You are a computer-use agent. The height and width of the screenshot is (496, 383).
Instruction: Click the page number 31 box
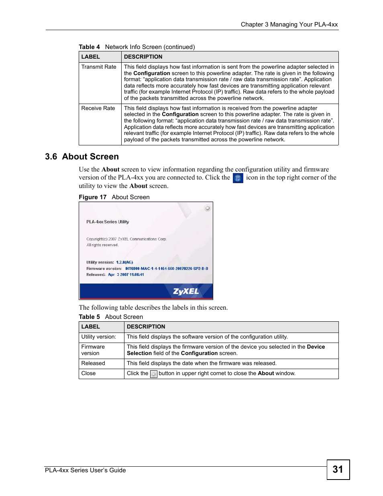(338, 469)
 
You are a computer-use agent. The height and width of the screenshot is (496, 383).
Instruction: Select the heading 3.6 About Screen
(82, 157)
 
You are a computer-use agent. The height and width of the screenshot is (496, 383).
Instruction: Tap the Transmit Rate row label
(99, 67)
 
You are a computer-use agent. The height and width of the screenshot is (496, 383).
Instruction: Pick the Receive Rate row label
(98, 108)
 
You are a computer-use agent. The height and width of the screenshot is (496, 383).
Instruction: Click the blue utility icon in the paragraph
(238, 178)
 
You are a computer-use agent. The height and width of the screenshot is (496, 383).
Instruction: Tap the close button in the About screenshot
(207, 208)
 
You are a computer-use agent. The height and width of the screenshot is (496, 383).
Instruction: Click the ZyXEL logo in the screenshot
(186, 292)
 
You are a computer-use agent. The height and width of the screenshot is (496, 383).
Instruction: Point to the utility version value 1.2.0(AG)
(124, 262)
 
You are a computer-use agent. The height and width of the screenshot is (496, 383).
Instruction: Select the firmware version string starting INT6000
(167, 269)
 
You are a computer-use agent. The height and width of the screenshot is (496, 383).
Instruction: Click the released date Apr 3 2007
(126, 275)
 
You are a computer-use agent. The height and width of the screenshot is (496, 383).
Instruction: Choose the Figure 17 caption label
(93, 197)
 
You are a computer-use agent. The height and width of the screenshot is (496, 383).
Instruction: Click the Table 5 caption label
(89, 317)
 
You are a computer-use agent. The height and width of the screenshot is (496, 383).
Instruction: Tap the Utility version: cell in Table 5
(99, 337)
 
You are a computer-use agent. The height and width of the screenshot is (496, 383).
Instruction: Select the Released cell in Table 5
(93, 363)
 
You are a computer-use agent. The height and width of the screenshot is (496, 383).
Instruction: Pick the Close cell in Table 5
(89, 374)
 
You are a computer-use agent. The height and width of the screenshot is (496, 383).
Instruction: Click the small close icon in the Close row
(153, 374)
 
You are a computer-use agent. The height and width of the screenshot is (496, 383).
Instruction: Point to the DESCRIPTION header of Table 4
(143, 57)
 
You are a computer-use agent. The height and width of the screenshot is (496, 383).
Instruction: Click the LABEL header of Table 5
(91, 327)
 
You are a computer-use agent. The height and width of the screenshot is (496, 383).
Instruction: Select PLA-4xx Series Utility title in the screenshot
(108, 222)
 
